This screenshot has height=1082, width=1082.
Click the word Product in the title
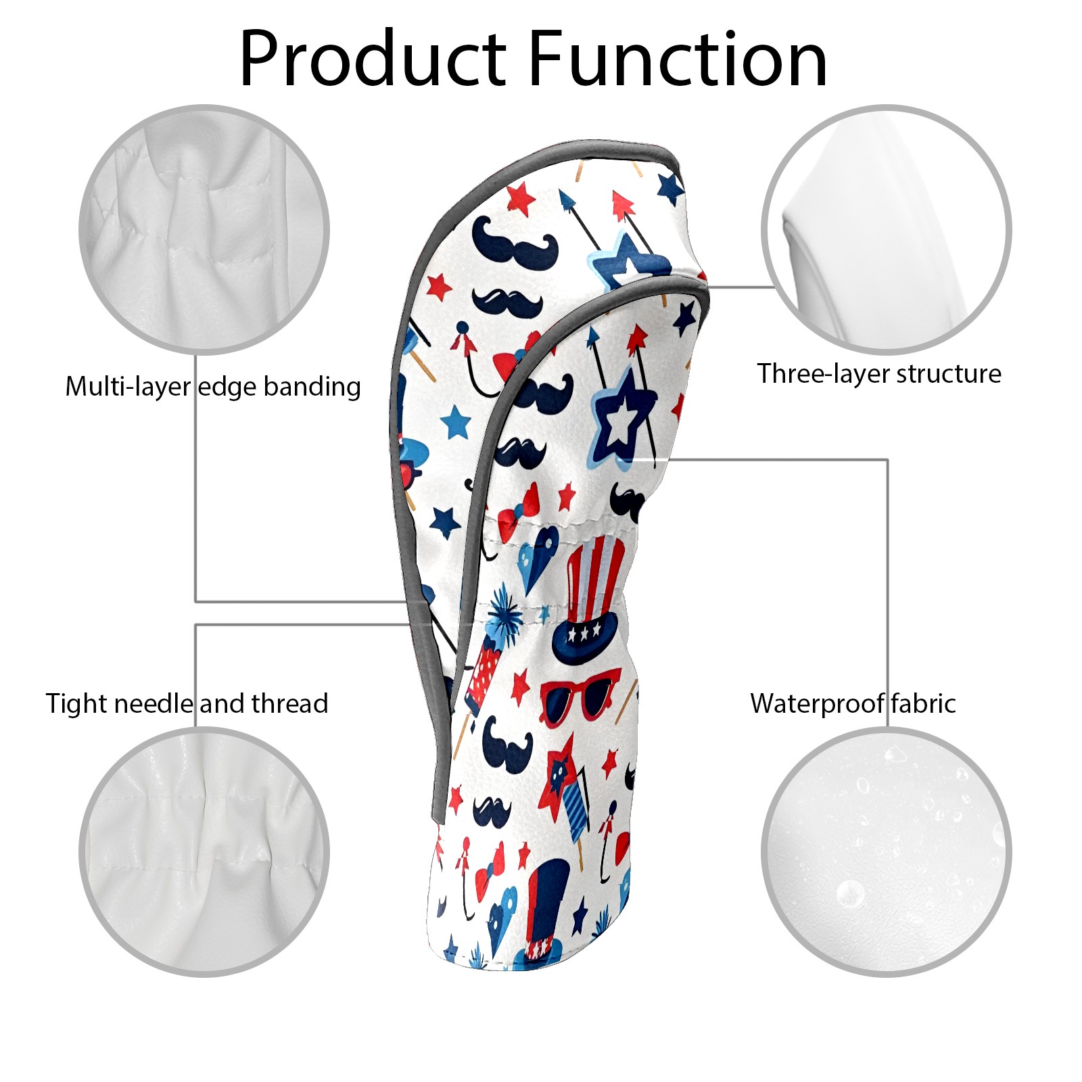point(373,59)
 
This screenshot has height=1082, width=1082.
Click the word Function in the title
point(677,59)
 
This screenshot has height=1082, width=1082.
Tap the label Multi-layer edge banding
point(213,387)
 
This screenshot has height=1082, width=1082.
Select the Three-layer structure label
point(879,374)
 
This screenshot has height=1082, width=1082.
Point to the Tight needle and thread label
point(187,704)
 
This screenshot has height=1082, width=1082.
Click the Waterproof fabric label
point(853,704)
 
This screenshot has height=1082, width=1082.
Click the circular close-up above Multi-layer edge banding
point(204,229)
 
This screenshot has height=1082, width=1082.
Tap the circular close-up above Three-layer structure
point(886,229)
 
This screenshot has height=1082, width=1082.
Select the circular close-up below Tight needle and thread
point(204,852)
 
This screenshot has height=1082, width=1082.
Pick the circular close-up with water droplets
point(886,852)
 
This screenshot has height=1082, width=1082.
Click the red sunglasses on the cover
point(580,697)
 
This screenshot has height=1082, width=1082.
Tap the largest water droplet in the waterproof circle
point(850,895)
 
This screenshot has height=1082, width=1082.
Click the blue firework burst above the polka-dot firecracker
point(504,613)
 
